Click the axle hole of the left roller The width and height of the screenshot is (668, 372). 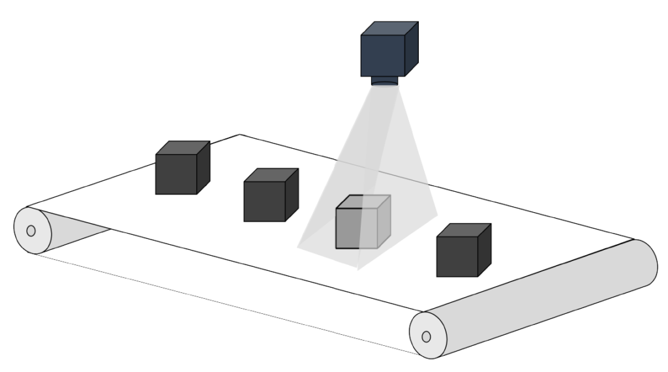[x=31, y=230]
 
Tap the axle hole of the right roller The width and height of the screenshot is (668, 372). [x=426, y=337]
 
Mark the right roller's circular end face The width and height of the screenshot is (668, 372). [x=427, y=335]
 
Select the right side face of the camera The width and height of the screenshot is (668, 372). [x=410, y=50]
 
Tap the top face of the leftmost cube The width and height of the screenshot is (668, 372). [x=183, y=148]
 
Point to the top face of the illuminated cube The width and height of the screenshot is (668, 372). [x=364, y=202]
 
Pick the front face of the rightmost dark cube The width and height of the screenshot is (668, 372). [x=456, y=256]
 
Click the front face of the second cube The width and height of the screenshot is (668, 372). [x=263, y=201]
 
